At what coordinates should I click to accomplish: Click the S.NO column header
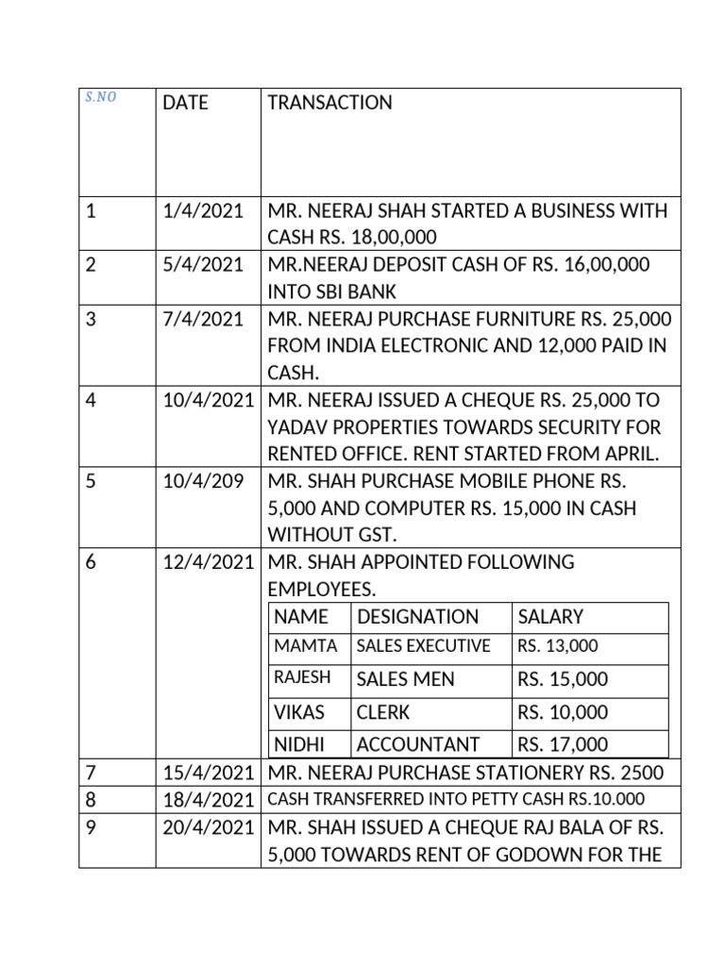click(x=100, y=98)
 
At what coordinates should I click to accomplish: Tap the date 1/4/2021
click(x=202, y=211)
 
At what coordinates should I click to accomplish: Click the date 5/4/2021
click(x=202, y=265)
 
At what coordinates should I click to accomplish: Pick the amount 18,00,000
click(x=385, y=237)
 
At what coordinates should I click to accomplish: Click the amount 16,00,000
click(x=599, y=265)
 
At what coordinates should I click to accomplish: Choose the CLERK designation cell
click(x=383, y=712)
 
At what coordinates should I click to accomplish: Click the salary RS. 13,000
click(x=558, y=646)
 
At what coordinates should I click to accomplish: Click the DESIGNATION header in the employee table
click(x=417, y=617)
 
